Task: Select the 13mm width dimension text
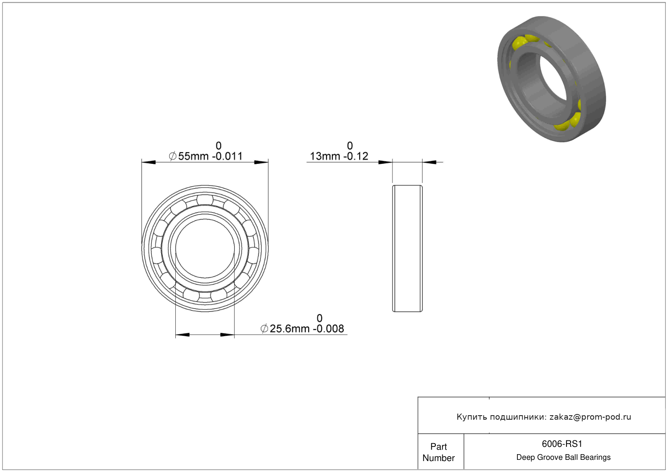tap(339, 156)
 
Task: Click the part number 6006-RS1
tap(562, 444)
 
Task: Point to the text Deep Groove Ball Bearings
tap(563, 457)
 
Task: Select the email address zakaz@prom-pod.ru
tap(590, 416)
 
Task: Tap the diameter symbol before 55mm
tap(172, 156)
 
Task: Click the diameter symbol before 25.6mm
tap(264, 328)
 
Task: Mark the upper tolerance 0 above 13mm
tap(350, 146)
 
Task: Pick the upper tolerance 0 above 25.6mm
tap(319, 318)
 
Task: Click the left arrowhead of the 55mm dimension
tap(148, 162)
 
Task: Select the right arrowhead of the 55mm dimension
tap(261, 162)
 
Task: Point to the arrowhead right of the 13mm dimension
tap(429, 162)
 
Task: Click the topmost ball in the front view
tap(205, 200)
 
